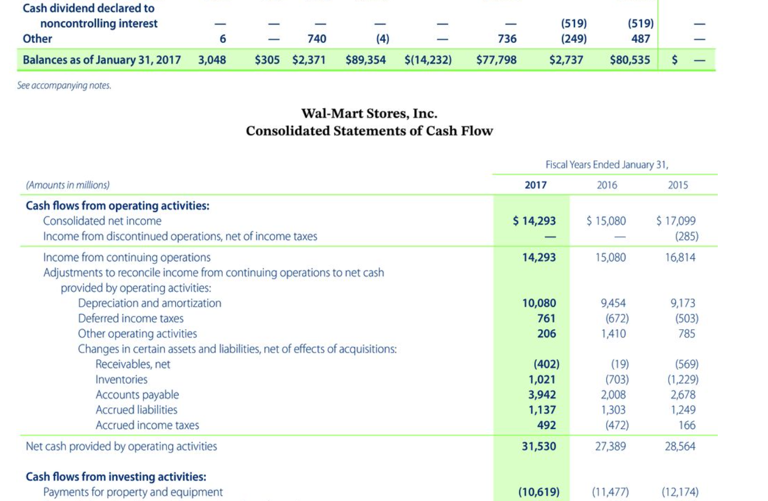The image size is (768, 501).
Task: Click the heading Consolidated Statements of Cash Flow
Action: pos(369,131)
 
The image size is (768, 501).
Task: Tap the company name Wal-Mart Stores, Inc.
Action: pos(369,113)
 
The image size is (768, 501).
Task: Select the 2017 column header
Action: pos(535,185)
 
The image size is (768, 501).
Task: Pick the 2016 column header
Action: pos(607,185)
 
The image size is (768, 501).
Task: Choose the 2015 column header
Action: pos(678,185)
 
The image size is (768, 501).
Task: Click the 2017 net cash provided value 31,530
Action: pos(539,446)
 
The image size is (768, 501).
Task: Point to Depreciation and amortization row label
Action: pos(150,303)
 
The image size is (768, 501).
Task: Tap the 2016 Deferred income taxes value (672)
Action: pos(617,319)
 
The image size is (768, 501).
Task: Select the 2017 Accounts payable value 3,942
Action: pos(542,394)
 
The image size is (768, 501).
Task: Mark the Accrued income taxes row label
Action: pos(147,425)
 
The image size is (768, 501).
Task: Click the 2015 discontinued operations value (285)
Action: pos(687,236)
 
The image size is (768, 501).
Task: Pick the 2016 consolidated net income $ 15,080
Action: pos(606,221)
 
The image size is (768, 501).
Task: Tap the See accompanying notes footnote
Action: pos(64,85)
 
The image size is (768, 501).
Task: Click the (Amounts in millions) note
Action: pos(68,185)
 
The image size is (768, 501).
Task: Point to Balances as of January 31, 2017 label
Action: pos(102,60)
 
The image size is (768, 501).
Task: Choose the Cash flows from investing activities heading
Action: pos(116,476)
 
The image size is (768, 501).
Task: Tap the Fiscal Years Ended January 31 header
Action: pos(607,165)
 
